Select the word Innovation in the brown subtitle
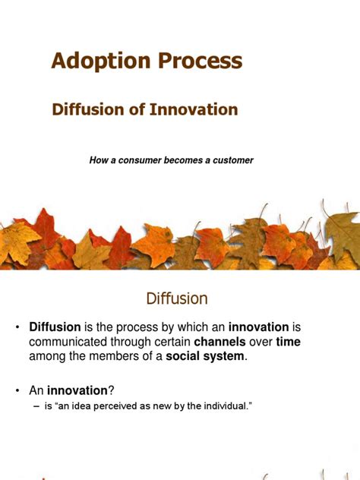coord(194,109)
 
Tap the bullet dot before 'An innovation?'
coord(16,390)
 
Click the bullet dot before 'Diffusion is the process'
coord(16,327)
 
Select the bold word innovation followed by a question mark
coord(77,390)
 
